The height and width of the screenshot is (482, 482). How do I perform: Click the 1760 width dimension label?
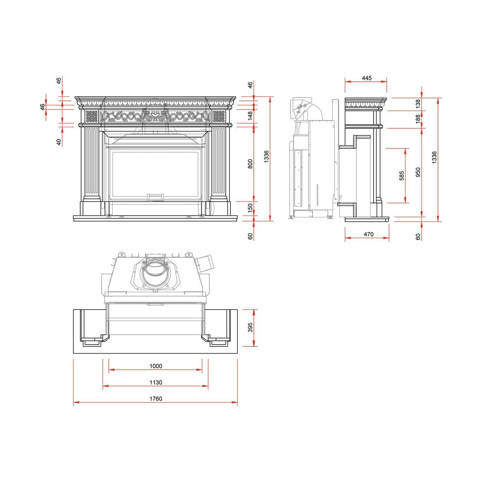click(156, 398)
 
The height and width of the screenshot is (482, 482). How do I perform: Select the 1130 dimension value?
click(156, 382)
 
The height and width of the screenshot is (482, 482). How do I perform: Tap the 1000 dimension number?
click(156, 366)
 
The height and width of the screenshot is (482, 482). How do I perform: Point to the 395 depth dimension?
click(250, 327)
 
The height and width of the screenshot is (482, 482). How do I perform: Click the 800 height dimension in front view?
click(250, 164)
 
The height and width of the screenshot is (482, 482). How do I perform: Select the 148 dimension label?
click(250, 116)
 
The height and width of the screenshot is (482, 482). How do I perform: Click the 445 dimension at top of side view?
click(367, 78)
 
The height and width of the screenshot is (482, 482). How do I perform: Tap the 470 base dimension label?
click(368, 234)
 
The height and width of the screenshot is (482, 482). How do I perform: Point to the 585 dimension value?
click(401, 175)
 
